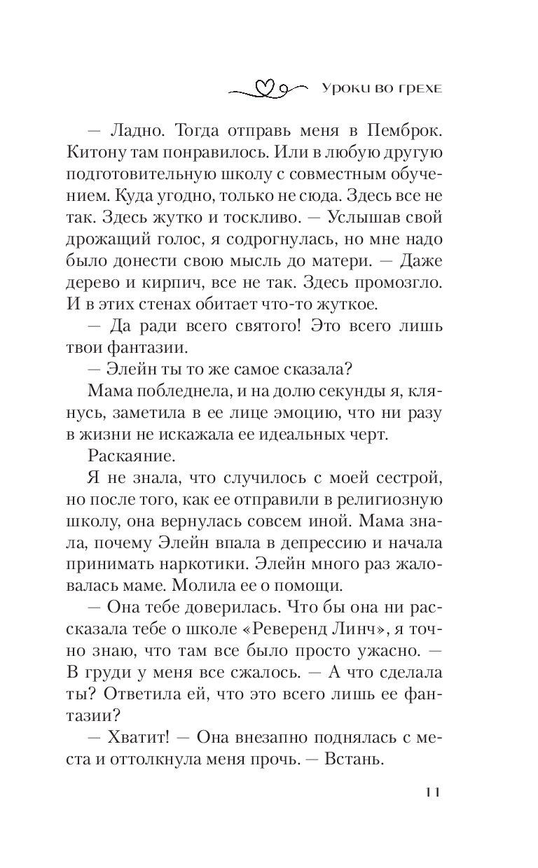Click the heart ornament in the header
(263, 88)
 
